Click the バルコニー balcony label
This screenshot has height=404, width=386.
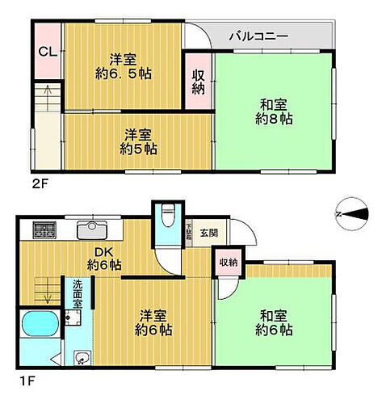pos(258,36)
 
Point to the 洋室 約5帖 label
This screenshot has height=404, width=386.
pos(139,141)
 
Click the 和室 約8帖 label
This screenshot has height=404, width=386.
pos(275,111)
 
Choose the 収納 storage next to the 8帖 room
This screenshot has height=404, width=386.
pos(198,82)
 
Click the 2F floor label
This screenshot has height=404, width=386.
pos(40,183)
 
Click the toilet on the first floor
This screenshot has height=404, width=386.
pos(166,219)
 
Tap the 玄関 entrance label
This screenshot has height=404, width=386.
pos(208,234)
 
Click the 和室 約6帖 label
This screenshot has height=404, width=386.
pos(275,322)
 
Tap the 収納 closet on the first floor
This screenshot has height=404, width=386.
pos(228,262)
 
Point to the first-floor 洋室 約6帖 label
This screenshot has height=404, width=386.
pos(151,322)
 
